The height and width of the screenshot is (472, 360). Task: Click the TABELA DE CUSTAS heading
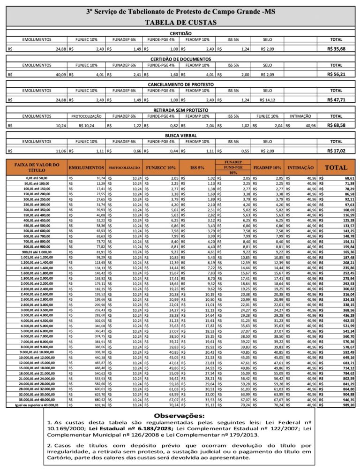tap(180, 22)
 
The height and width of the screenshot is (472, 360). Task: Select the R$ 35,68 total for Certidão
tap(336, 49)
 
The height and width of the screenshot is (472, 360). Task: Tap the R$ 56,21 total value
tap(336, 74)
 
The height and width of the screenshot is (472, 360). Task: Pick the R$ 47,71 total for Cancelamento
tap(336, 99)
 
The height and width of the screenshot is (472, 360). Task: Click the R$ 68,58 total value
tap(336, 125)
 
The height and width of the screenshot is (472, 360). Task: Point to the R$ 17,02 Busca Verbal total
tap(336, 151)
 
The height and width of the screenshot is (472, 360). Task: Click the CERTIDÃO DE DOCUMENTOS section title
tap(180, 59)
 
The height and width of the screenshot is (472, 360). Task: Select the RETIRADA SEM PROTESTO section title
tap(180, 110)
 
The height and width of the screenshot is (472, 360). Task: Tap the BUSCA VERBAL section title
tap(180, 135)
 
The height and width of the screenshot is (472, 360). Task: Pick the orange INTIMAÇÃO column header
tap(300, 167)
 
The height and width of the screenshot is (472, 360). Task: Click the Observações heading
tap(180, 416)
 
